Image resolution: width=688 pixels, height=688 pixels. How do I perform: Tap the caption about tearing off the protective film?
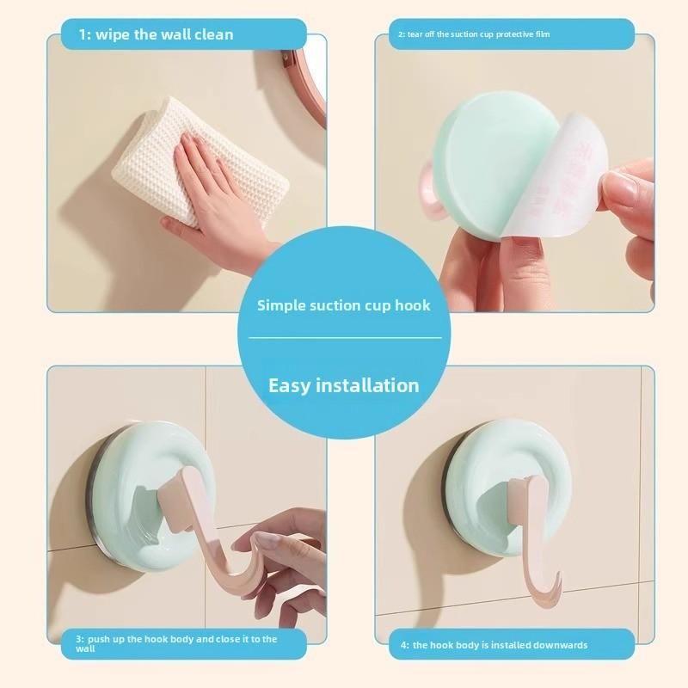[473, 35]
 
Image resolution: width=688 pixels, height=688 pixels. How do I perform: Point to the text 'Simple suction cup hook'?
[344, 305]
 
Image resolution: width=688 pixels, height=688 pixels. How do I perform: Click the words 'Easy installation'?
[344, 385]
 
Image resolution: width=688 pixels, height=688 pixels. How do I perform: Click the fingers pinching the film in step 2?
[632, 198]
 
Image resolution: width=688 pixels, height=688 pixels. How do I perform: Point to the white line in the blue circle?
[344, 338]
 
